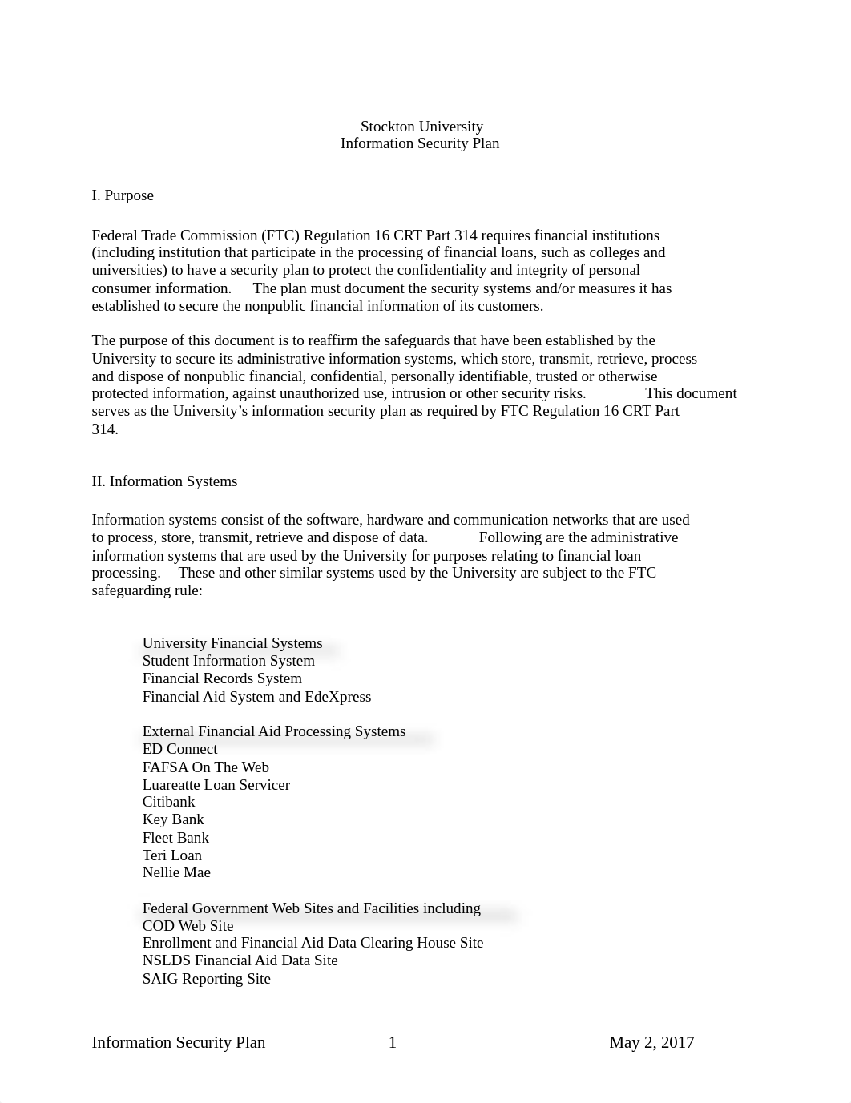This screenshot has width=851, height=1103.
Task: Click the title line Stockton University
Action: tap(421, 127)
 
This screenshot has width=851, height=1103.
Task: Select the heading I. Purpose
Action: tap(123, 195)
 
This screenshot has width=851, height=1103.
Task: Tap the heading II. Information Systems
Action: tap(164, 481)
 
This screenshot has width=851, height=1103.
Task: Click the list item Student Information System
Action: tap(228, 661)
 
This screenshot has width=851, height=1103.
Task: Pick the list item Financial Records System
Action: tap(222, 678)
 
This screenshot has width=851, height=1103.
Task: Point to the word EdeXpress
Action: tap(337, 697)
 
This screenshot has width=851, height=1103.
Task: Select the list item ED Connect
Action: tap(179, 749)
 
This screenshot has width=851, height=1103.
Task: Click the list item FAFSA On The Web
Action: tap(205, 767)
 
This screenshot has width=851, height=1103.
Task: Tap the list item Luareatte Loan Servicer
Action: tap(216, 785)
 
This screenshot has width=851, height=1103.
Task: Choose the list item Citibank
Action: tap(168, 802)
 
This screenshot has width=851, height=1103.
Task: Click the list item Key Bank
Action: tap(173, 819)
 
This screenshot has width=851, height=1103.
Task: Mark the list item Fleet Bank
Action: tap(175, 838)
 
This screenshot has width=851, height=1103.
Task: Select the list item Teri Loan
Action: tap(171, 855)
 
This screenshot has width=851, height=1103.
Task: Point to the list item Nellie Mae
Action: tap(176, 872)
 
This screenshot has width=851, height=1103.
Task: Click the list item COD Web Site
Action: tap(188, 926)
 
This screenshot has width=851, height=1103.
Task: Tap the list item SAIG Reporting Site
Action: tap(206, 979)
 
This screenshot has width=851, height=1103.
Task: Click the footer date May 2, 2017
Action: tap(651, 1042)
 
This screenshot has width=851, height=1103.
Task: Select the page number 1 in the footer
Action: tap(393, 1042)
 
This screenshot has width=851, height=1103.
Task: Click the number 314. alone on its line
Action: tap(105, 429)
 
